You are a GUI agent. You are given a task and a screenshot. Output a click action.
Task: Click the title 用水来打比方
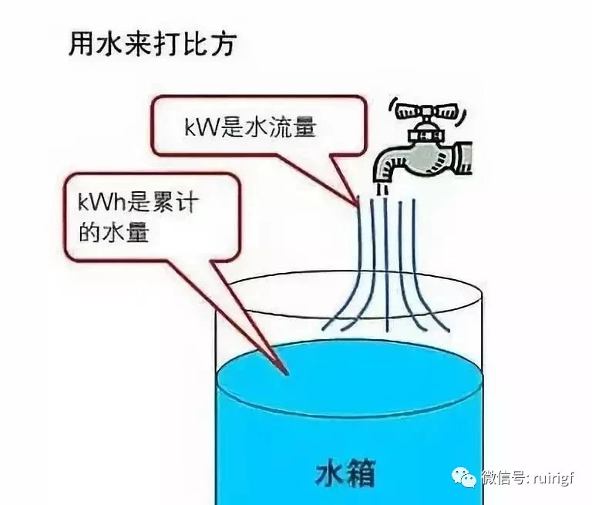(x=153, y=44)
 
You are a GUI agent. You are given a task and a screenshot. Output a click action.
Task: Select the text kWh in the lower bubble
(x=102, y=202)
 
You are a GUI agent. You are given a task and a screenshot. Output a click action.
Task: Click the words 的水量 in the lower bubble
(x=113, y=232)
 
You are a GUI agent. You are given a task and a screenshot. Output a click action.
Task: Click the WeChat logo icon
(x=465, y=477)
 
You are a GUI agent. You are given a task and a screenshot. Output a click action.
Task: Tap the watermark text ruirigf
(x=554, y=479)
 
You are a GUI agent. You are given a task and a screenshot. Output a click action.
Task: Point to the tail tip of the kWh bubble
(x=287, y=374)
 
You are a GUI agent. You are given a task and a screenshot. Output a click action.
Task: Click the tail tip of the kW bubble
(x=357, y=205)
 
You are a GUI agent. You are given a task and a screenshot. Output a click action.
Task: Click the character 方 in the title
(x=224, y=44)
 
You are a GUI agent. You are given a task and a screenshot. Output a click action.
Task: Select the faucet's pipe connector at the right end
(x=463, y=158)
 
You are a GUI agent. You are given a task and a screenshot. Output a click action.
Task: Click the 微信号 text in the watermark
(x=504, y=478)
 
